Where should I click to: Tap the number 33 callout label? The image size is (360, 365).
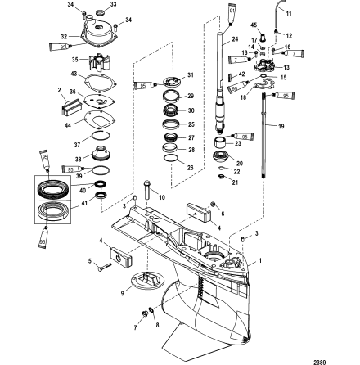coord(113,4)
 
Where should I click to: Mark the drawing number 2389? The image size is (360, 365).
coord(341,358)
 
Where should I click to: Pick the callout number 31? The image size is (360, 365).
coord(191,74)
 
